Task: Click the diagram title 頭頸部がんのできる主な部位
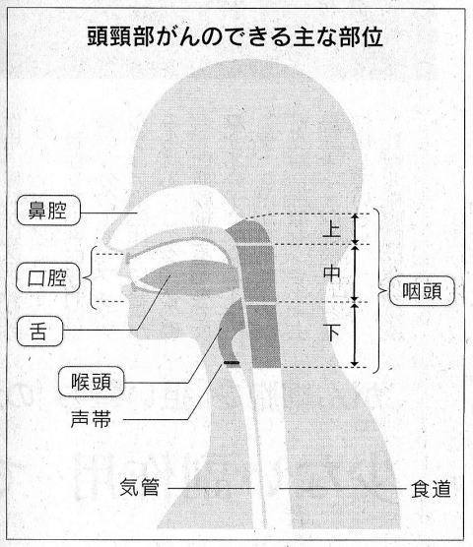(235, 37)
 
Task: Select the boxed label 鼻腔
(48, 211)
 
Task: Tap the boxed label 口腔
(48, 277)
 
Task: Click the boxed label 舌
(39, 332)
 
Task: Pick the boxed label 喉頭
(91, 382)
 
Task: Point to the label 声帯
(91, 419)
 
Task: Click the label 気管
(139, 487)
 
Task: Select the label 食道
(431, 489)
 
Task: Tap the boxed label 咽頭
(422, 291)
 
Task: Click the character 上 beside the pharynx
(331, 229)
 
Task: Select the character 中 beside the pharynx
(331, 273)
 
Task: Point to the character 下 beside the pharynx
(332, 333)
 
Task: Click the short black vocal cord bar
(232, 363)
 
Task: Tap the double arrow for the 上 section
(355, 229)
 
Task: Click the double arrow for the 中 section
(355, 273)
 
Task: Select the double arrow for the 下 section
(355, 334)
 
